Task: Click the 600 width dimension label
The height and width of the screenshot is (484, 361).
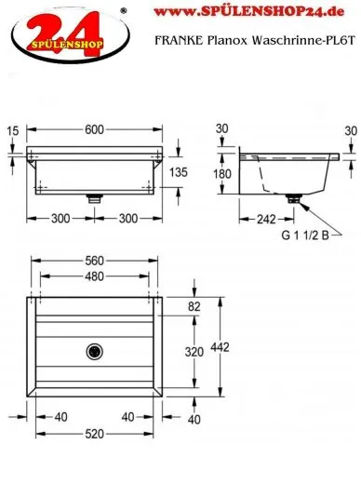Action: click(x=94, y=129)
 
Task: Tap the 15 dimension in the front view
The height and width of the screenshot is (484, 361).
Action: click(x=13, y=131)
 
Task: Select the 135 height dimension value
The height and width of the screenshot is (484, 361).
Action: click(x=179, y=172)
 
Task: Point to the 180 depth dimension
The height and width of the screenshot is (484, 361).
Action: click(x=222, y=174)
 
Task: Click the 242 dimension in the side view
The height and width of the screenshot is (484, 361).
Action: click(x=266, y=220)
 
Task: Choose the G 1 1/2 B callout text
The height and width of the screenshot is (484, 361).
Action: click(x=305, y=235)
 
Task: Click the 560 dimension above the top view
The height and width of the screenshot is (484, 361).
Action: click(x=94, y=261)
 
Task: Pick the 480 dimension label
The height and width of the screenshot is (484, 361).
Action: click(x=94, y=276)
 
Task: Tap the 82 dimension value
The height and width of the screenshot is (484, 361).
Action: click(x=194, y=306)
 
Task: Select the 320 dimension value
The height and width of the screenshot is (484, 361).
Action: click(x=194, y=352)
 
